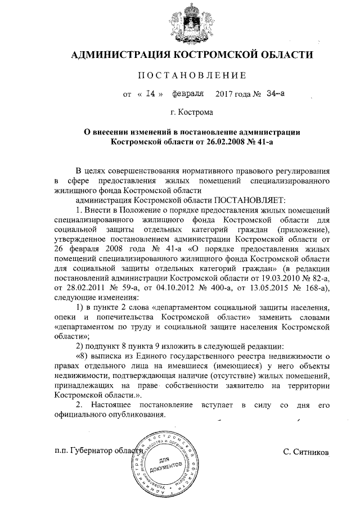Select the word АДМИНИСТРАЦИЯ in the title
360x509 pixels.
(x=120, y=55)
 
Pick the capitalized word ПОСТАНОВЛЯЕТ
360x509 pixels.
(x=250, y=200)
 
